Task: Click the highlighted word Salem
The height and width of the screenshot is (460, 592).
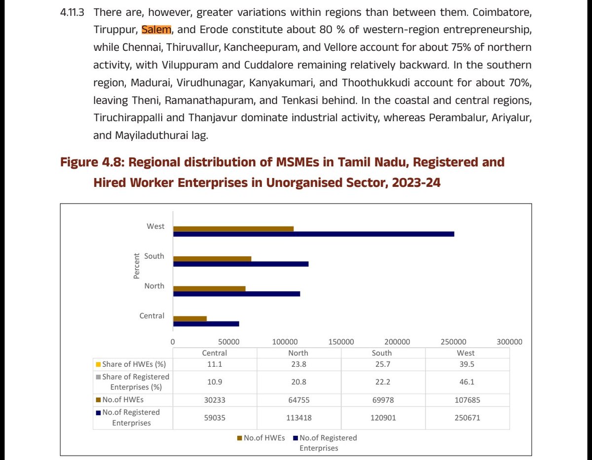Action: (x=156, y=30)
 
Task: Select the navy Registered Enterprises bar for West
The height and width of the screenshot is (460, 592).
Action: (x=313, y=234)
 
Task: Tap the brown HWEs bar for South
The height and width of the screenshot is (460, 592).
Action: (x=212, y=258)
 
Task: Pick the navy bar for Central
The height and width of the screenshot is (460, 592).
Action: (x=206, y=323)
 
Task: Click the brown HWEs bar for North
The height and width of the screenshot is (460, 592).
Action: (x=209, y=288)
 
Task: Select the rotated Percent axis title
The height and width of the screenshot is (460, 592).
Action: (x=136, y=266)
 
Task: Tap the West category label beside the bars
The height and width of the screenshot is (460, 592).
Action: (x=155, y=226)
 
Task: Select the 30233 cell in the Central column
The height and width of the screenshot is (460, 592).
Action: (x=215, y=400)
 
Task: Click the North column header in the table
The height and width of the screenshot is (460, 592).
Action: (x=298, y=353)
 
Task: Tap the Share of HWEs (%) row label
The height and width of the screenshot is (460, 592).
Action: (x=134, y=364)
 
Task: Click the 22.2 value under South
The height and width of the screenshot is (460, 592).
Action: (x=382, y=382)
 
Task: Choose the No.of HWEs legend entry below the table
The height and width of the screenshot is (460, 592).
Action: (x=263, y=438)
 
